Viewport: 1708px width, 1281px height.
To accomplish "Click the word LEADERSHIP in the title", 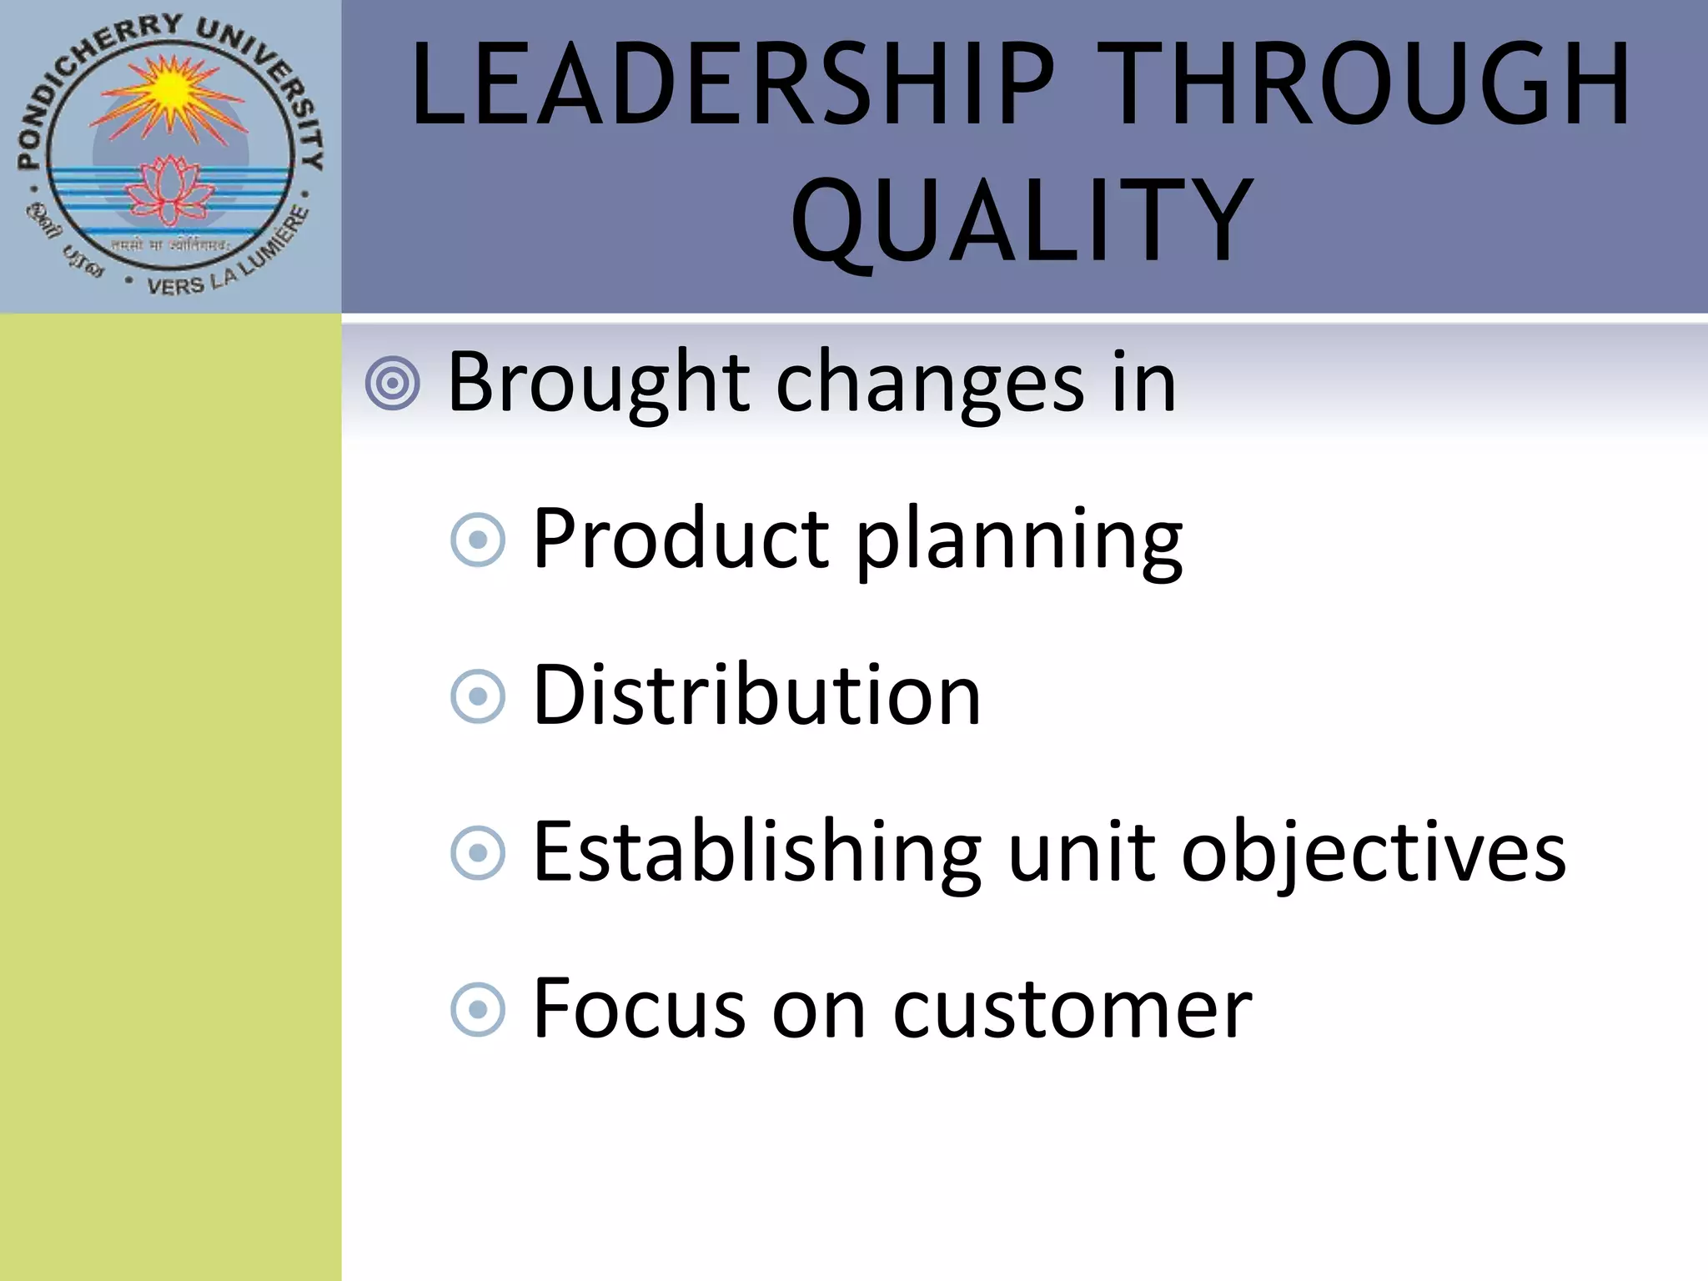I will [x=734, y=85].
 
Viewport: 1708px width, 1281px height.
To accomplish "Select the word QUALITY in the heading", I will [x=1022, y=221].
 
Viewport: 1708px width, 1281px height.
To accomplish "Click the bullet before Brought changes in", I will [x=393, y=384].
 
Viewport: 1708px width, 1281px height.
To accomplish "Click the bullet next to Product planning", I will [x=478, y=540].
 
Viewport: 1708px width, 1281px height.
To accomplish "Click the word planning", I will [x=1019, y=542].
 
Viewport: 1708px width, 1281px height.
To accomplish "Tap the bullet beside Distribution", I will [x=478, y=696].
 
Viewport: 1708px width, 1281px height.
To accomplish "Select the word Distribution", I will [x=756, y=695].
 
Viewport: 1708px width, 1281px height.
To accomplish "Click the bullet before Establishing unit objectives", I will [x=478, y=853].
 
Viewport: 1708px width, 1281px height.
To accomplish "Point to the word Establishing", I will [x=757, y=852].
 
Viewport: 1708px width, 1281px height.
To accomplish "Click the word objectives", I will [x=1374, y=852].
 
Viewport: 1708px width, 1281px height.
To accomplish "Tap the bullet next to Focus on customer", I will [x=478, y=1010].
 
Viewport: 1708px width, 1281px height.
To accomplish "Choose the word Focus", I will [x=638, y=1009].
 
